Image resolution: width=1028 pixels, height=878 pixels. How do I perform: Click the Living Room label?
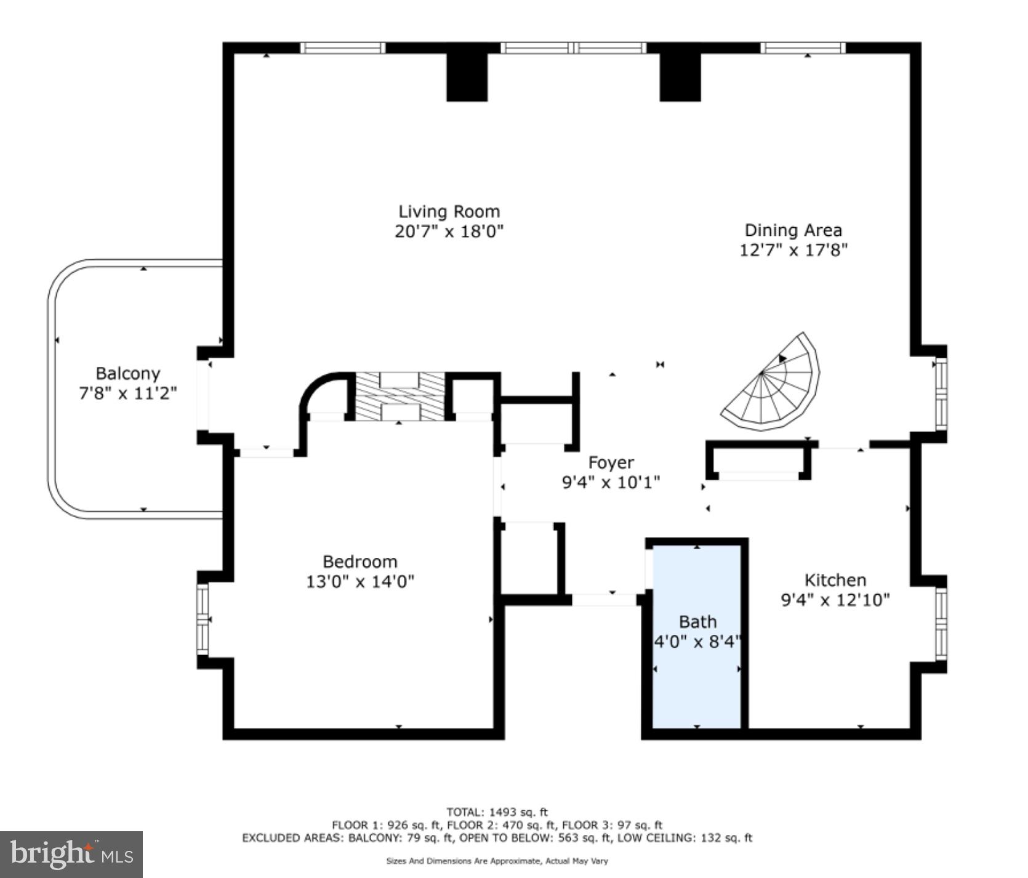coord(449,212)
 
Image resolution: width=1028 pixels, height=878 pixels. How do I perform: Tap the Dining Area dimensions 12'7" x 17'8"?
coord(793,250)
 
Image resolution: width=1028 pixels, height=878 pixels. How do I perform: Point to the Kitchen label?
coord(835,580)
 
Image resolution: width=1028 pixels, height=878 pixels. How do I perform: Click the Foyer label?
coord(611,462)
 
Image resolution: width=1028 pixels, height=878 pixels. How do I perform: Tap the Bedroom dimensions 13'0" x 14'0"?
coord(360,581)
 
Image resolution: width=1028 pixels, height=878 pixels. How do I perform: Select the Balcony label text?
coord(127,373)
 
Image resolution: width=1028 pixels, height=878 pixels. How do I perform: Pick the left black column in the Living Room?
coord(467,77)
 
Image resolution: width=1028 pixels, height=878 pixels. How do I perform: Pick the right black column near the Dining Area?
coord(680,77)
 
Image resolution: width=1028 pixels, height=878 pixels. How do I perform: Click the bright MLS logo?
coord(71,855)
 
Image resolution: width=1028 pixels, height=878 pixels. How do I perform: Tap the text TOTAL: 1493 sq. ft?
coord(497,812)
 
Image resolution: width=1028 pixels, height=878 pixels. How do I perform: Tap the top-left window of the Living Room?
coord(342,48)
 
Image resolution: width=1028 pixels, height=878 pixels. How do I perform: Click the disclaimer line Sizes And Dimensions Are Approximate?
coord(497,861)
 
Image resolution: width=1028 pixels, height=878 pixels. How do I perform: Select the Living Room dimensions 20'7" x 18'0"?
coord(449,232)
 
